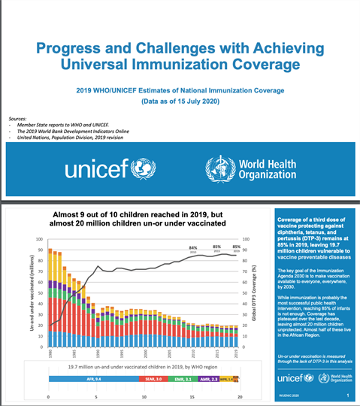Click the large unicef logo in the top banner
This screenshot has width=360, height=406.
pos(104,169)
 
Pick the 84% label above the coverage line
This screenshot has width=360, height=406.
pos(193,247)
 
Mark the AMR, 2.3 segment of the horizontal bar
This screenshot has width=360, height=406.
pos(211,380)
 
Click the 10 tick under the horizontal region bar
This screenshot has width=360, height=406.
pos(144,395)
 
